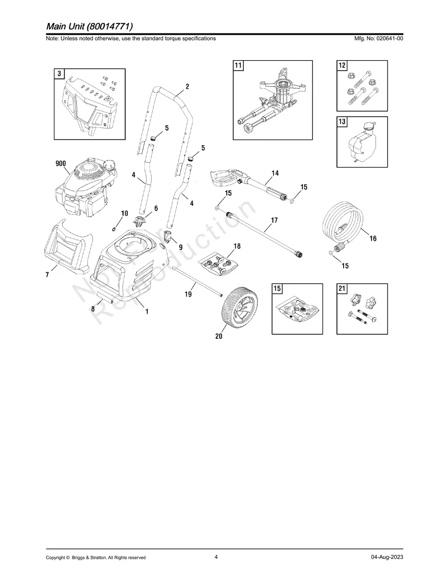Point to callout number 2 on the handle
[187, 86]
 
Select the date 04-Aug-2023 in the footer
[387, 557]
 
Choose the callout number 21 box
[342, 288]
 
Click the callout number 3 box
[59, 74]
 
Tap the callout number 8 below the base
[93, 309]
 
